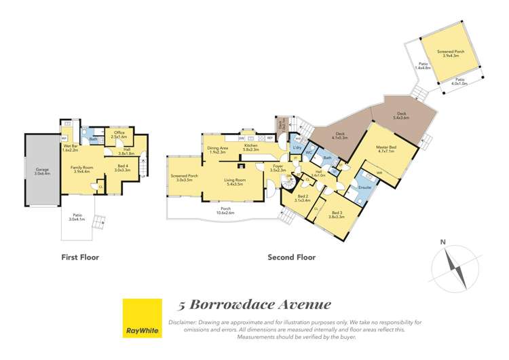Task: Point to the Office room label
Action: click(x=119, y=134)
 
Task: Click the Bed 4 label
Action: click(x=123, y=168)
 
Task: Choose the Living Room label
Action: click(x=234, y=179)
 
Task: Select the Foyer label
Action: click(x=277, y=167)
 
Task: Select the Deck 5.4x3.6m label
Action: click(x=402, y=117)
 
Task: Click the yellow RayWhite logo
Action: click(x=142, y=318)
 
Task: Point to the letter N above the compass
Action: click(x=442, y=242)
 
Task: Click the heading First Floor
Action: click(x=79, y=257)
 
